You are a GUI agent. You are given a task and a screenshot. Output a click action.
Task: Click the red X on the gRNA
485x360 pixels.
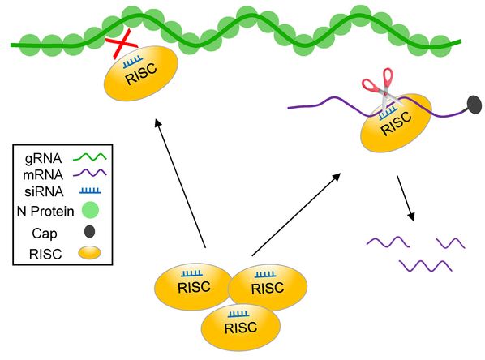[122, 44]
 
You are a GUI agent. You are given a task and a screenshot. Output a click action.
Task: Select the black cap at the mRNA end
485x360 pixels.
[474, 104]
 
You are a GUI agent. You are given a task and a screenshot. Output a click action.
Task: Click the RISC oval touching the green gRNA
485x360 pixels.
[141, 73]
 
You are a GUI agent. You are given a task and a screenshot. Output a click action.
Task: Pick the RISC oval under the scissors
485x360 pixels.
[397, 122]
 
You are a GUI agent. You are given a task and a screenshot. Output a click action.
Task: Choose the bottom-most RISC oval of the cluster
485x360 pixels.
[241, 327]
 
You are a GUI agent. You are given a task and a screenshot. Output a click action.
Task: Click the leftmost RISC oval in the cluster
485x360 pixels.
[194, 287]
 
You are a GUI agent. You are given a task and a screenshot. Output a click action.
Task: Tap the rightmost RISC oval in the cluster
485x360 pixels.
[268, 288]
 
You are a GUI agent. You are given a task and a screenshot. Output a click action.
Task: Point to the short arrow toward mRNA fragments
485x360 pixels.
[406, 199]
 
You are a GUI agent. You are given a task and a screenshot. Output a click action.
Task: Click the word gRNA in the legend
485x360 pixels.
[43, 158]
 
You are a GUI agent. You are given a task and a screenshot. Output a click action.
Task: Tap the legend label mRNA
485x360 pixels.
[43, 175]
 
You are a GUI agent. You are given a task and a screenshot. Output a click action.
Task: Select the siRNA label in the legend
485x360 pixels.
[44, 191]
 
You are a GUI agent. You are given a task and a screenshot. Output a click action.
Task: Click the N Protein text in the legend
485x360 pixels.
[45, 212]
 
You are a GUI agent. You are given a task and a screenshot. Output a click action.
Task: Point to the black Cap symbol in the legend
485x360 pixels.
[89, 231]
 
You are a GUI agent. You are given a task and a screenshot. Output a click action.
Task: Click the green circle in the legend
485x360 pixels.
[90, 210]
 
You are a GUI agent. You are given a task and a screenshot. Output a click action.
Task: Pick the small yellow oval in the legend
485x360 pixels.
[89, 253]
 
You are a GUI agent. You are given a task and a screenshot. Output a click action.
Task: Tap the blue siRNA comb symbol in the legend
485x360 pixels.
[90, 191]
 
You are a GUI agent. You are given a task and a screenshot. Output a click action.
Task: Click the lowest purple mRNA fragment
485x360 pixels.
[426, 266]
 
